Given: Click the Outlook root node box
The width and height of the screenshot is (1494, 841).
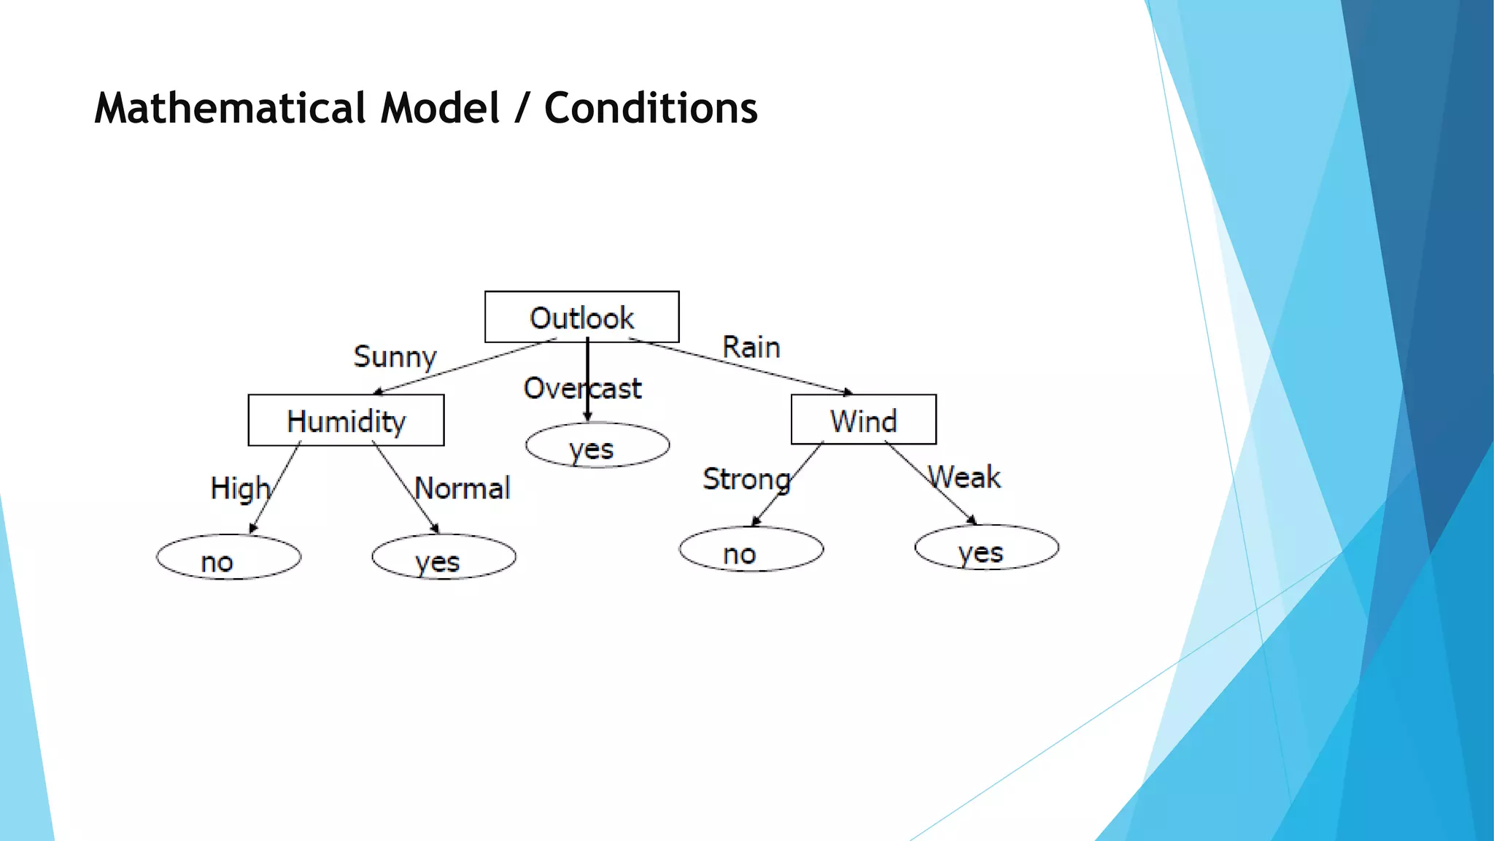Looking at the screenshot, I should [x=581, y=317].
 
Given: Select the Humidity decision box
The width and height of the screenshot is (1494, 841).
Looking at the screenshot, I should [x=346, y=420].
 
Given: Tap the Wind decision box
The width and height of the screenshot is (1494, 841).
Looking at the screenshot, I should [x=863, y=420].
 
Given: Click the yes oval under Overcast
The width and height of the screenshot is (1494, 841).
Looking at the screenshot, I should [x=597, y=445].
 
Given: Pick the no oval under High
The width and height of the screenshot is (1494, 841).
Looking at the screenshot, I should [x=228, y=558].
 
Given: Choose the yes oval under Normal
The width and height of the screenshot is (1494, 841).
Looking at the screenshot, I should [x=444, y=558].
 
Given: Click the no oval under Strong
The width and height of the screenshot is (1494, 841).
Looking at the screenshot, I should [x=751, y=550].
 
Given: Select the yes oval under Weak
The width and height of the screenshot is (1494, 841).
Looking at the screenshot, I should [x=986, y=548].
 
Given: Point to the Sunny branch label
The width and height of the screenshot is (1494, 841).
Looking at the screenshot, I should [x=395, y=357].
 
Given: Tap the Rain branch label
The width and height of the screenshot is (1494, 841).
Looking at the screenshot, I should [x=751, y=347].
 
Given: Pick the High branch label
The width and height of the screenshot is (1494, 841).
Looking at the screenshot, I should [x=239, y=488].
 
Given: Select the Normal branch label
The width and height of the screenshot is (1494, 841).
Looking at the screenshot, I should [x=462, y=488].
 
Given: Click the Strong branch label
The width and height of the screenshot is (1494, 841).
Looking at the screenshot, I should [x=746, y=480].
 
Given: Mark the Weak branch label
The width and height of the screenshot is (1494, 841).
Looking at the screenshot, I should [x=964, y=477].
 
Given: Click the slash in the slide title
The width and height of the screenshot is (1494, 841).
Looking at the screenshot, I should [x=521, y=110].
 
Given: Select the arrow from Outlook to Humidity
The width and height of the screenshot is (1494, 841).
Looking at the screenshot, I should [x=465, y=366].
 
